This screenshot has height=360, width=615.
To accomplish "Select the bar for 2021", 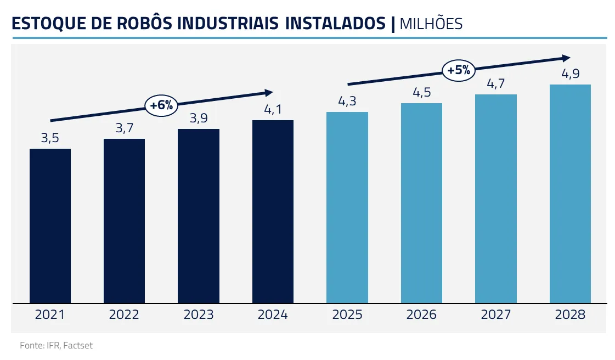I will click(50, 226).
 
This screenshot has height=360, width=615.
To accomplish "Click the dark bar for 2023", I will click(199, 216).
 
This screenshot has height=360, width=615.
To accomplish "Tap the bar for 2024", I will click(273, 211).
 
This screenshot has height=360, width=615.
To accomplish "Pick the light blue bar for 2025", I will click(347, 207).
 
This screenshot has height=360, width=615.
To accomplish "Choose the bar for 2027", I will click(496, 199).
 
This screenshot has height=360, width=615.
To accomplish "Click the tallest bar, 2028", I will click(570, 194).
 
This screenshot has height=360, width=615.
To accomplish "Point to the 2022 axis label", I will click(124, 315).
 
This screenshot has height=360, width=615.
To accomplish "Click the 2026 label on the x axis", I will click(421, 315).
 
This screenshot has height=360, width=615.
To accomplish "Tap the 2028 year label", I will click(570, 315).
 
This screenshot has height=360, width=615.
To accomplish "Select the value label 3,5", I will click(50, 138).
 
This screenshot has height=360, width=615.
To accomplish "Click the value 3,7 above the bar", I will click(124, 128).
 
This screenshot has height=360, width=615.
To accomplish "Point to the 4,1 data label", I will click(273, 109).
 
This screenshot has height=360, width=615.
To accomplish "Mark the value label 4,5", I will click(421, 93).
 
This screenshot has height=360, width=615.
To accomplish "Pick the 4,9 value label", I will click(570, 74).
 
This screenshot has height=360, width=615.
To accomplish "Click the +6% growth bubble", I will click(161, 105).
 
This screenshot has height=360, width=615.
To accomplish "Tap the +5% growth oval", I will click(459, 70).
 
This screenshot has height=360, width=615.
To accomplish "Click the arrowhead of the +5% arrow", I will click(565, 58).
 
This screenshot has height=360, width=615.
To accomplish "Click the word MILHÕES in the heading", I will click(431, 24).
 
